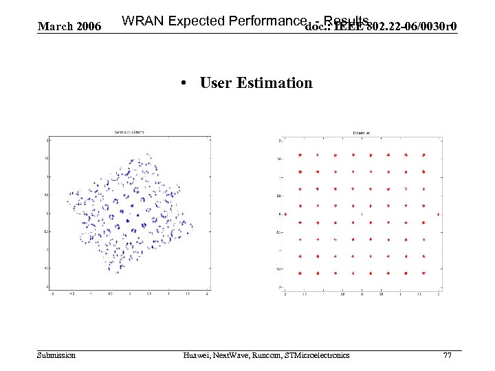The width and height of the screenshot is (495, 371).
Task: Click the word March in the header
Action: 52,27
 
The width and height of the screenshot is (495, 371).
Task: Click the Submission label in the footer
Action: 57,355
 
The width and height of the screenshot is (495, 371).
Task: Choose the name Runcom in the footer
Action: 268,355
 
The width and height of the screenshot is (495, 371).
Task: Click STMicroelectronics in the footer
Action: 319,355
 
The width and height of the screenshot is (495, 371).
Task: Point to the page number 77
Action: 448,355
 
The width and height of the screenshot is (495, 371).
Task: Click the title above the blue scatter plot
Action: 129,132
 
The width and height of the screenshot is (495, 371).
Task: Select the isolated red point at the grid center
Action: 362,214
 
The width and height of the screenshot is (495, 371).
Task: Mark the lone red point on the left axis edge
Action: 284,214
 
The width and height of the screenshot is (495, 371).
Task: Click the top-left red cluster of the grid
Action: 300,156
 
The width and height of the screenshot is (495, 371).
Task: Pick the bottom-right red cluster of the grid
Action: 424,273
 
